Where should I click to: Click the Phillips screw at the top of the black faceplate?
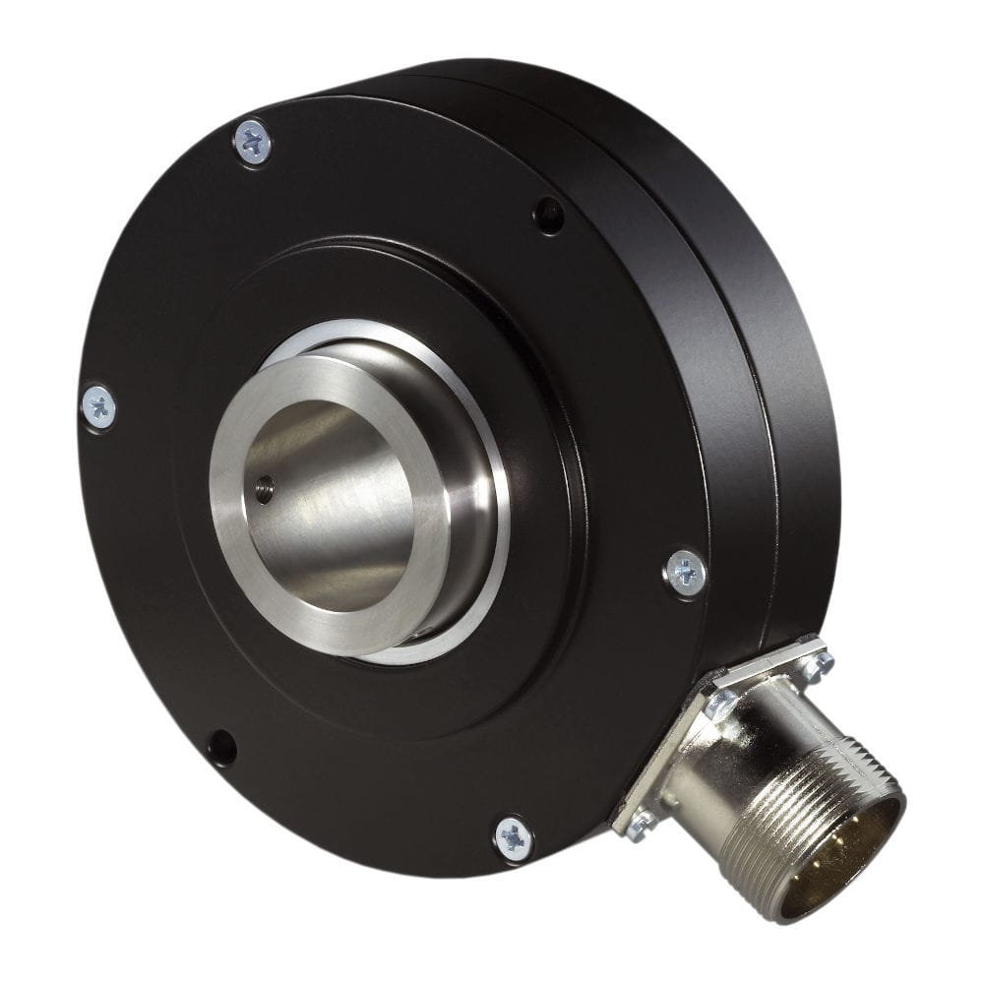pos(253,143)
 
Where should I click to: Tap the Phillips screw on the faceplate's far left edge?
pos(98,407)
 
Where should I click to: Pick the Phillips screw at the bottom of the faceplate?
pos(513,837)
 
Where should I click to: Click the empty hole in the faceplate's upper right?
pos(548,215)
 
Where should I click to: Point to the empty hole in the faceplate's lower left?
pos(221,748)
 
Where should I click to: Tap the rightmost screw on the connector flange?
pos(816,664)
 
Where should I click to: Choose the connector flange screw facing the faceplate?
pos(721,702)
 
